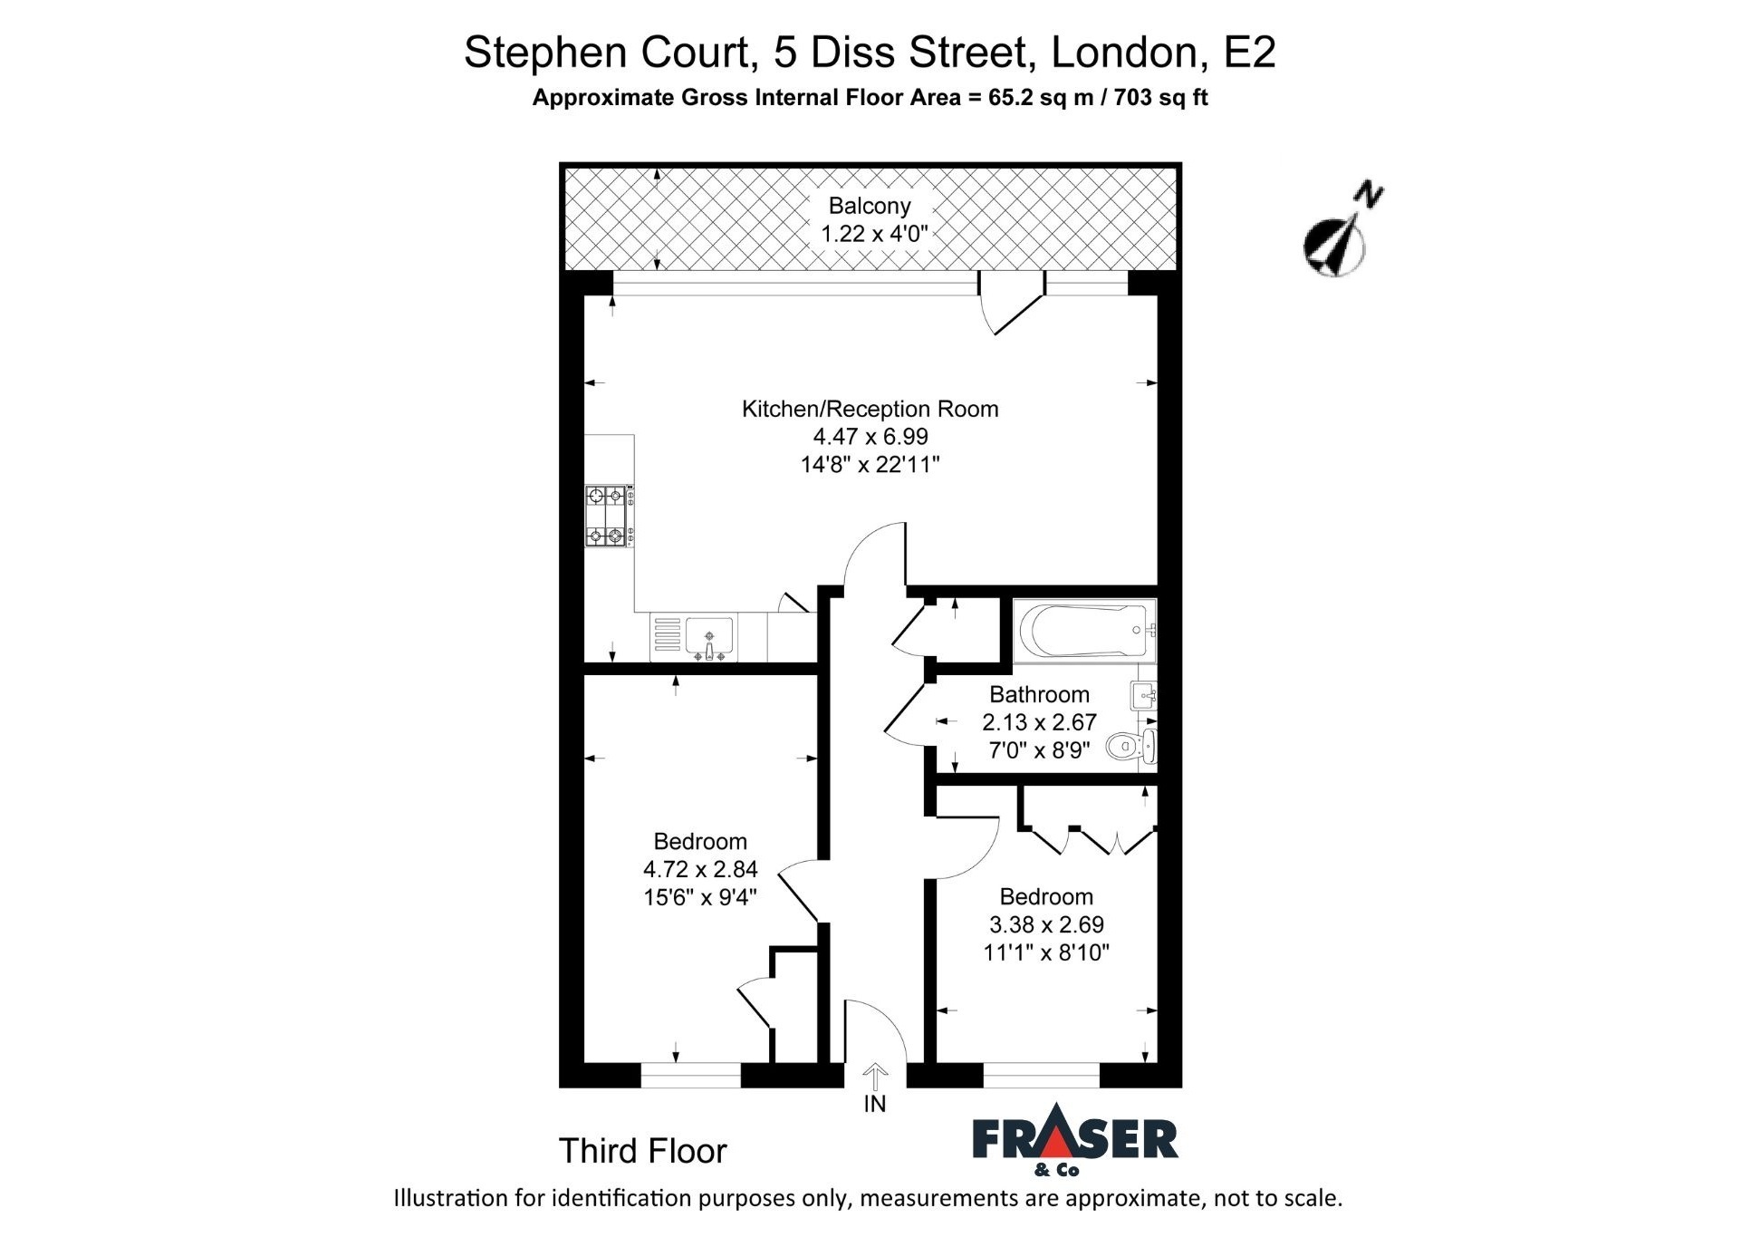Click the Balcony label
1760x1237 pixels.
pyautogui.click(x=870, y=206)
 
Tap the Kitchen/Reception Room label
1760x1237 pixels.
pyautogui.click(x=870, y=409)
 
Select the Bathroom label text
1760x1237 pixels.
pyautogui.click(x=1039, y=694)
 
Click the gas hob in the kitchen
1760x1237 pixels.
pyautogui.click(x=609, y=516)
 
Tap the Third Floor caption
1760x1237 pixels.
pyautogui.click(x=642, y=1151)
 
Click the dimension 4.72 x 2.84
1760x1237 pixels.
pyautogui.click(x=700, y=869)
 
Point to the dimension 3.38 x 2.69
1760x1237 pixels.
pyautogui.click(x=1046, y=924)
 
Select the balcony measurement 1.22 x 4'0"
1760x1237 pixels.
pyautogui.click(x=874, y=234)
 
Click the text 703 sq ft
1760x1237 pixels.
pyautogui.click(x=1160, y=97)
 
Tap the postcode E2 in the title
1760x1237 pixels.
pyautogui.click(x=1249, y=52)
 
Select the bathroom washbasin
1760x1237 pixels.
pyautogui.click(x=1143, y=696)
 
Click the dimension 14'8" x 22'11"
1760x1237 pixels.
pyautogui.click(x=870, y=465)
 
